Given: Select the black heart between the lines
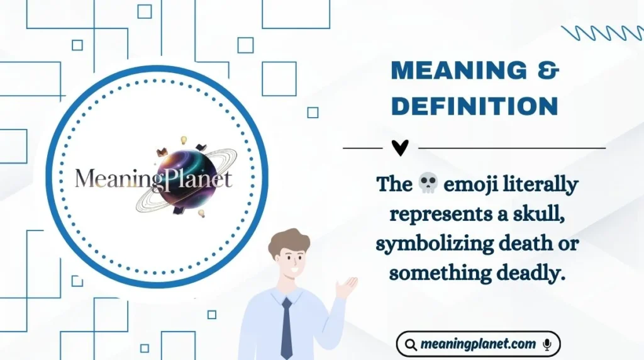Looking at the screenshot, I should tap(400, 148).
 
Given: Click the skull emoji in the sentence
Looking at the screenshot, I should tap(428, 184).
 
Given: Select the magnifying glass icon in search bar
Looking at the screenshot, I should tap(411, 344).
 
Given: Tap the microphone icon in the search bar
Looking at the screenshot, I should tap(547, 344).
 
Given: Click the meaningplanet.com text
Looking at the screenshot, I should tap(478, 344).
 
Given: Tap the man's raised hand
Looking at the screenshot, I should tap(347, 287).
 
